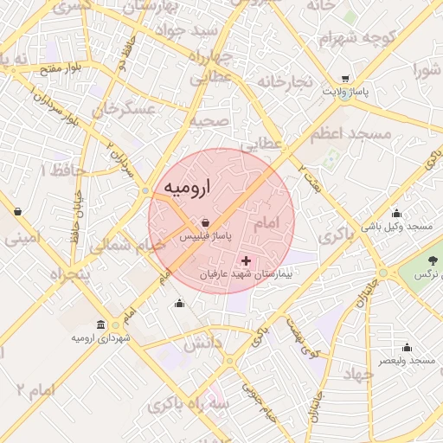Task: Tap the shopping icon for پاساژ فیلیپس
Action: [204, 222]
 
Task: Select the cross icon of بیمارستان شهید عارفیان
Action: [247, 260]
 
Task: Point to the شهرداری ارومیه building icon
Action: [102, 324]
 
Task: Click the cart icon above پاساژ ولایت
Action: [346, 77]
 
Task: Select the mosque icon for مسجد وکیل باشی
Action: [396, 213]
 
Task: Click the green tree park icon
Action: [433, 260]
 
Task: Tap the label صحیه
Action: [213, 121]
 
